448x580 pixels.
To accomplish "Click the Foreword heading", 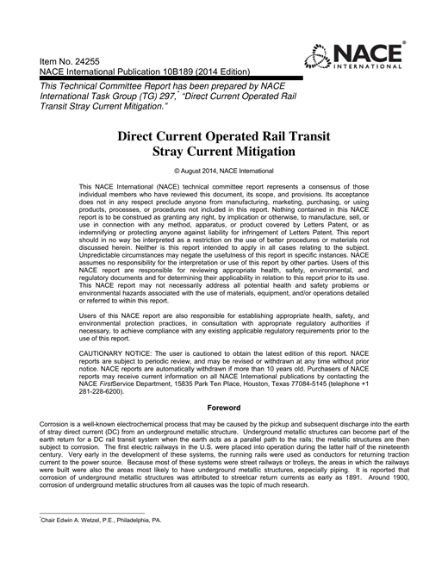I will point(223,406).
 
